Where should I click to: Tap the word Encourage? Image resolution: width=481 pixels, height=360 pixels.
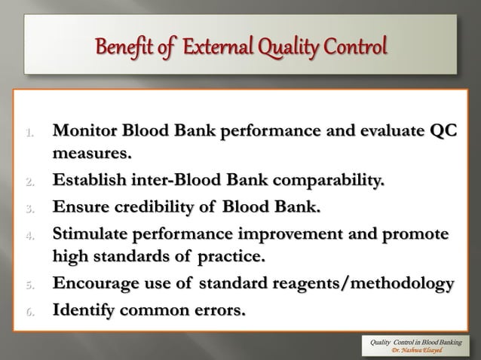92,284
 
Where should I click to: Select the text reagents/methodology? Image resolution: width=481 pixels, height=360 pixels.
363,284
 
